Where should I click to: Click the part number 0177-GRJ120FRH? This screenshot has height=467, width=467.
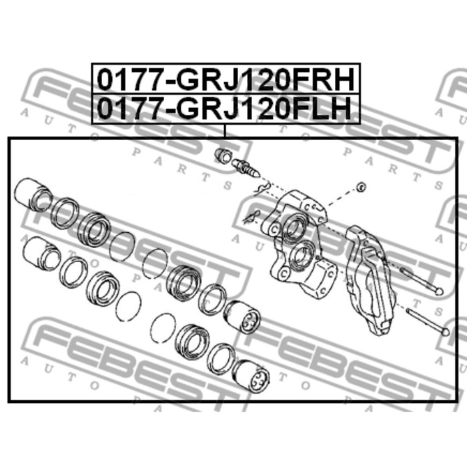pos(225,79)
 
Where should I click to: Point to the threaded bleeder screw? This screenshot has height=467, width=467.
pos(246,169)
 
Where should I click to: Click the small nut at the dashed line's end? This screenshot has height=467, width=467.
pos(361,187)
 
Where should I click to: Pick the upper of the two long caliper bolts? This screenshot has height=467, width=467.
pos(422,281)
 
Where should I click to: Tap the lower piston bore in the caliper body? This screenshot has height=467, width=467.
pos(302,256)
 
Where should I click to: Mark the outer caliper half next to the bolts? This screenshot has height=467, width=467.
pos(370,280)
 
